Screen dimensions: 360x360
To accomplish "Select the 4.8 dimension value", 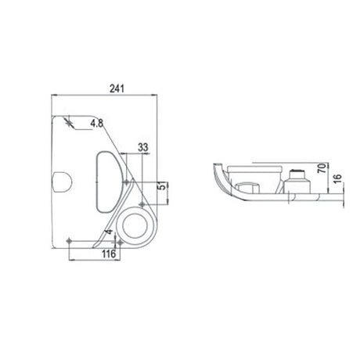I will (x=97, y=122).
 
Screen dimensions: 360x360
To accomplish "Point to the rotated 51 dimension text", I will (x=161, y=187).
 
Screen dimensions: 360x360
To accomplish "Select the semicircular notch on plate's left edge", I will (x=60, y=182).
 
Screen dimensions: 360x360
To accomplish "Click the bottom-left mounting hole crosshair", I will (x=70, y=239).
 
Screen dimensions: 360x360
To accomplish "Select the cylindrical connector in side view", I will (x=297, y=182).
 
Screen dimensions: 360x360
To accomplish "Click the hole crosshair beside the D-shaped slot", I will (x=126, y=181).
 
